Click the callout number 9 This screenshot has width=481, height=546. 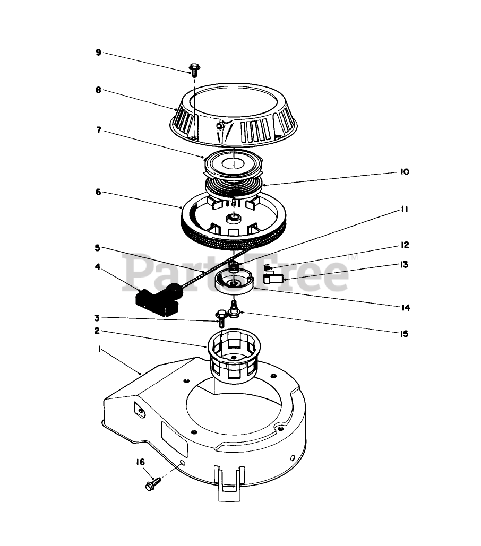[x=99, y=52]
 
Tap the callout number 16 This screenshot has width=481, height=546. [x=140, y=462]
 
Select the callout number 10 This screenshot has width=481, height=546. [x=405, y=172]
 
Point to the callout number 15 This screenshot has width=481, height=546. [x=404, y=334]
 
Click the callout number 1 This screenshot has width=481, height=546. [x=100, y=349]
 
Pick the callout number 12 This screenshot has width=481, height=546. [x=405, y=245]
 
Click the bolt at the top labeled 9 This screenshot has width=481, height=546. [x=193, y=70]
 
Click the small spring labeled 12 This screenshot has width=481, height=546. [x=267, y=267]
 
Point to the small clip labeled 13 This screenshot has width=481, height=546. [x=272, y=279]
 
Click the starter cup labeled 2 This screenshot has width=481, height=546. [x=234, y=356]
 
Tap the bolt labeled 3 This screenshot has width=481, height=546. [x=221, y=317]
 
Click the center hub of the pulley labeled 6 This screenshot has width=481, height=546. [x=234, y=219]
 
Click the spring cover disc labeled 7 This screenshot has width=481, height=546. [x=234, y=163]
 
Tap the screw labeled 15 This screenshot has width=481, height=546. [x=234, y=308]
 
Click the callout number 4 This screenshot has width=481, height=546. [x=98, y=267]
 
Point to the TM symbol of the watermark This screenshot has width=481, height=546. [x=353, y=258]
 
